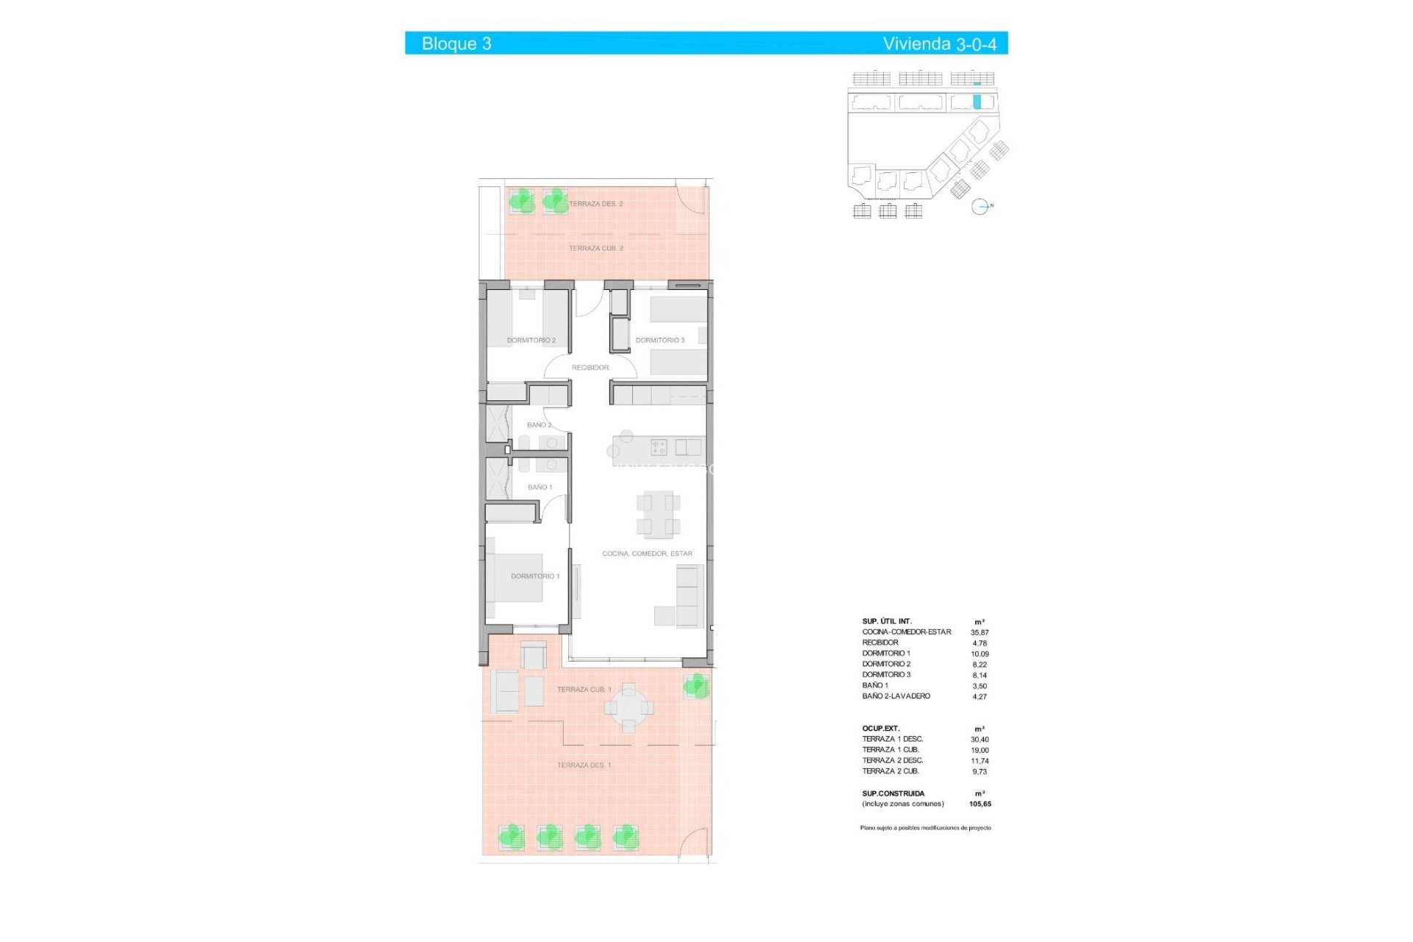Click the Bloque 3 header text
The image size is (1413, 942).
[x=456, y=43]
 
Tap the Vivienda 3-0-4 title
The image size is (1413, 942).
[x=939, y=43]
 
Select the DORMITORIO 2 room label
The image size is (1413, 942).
[x=531, y=340]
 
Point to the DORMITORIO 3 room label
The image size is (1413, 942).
[x=660, y=340]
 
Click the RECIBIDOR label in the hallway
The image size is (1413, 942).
[x=590, y=367]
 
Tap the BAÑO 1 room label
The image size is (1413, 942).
[x=539, y=487]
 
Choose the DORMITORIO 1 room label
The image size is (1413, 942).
[x=535, y=576]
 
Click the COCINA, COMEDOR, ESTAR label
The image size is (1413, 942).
[x=647, y=553]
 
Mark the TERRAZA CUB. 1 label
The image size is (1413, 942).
[x=584, y=690]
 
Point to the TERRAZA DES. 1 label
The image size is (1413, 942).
[x=584, y=765]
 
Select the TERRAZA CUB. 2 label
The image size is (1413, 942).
[x=595, y=248]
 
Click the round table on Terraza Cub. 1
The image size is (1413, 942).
[x=628, y=708]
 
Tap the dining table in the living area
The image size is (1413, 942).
[x=658, y=514]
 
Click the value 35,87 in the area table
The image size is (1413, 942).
[x=980, y=632]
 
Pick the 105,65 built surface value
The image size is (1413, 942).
[x=980, y=804]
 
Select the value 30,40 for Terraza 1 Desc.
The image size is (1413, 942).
[x=980, y=740]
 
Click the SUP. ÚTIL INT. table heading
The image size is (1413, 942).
[x=887, y=621]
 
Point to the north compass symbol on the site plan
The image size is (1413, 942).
[x=980, y=207]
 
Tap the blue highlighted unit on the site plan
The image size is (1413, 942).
[x=977, y=102]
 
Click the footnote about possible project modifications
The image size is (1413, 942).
[x=925, y=828]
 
